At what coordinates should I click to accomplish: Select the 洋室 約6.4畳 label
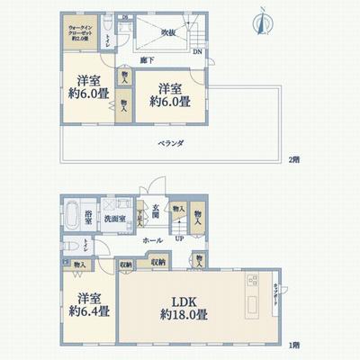(88, 305)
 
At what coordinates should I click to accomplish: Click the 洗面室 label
(112, 219)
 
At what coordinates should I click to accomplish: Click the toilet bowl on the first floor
(74, 246)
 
